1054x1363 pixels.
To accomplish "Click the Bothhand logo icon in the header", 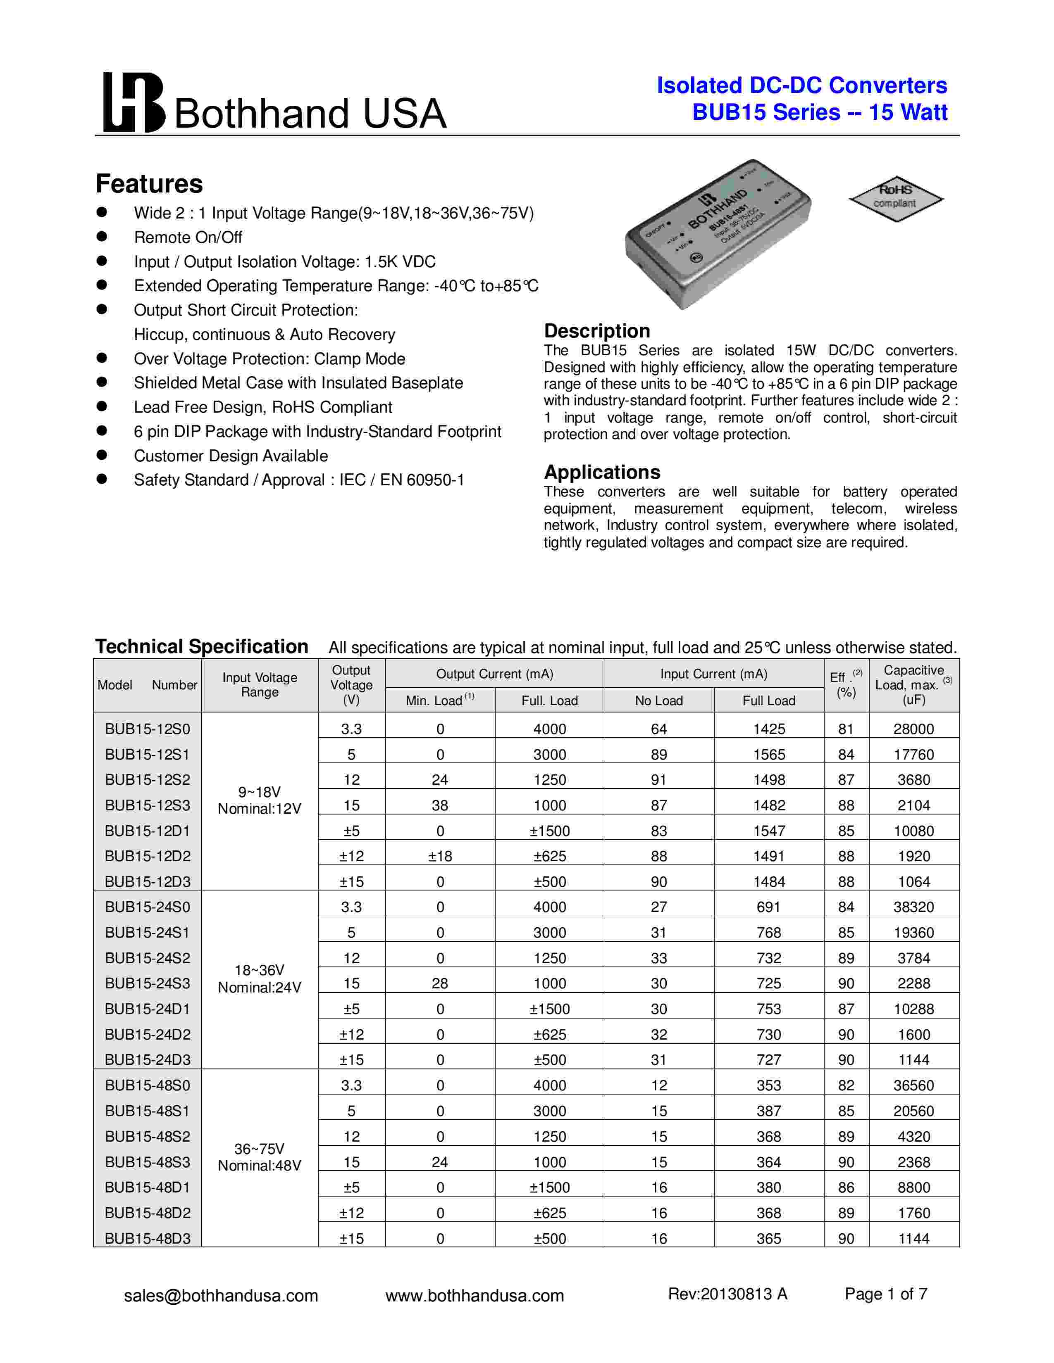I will click(134, 102).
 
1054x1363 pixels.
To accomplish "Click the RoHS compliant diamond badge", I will click(895, 198).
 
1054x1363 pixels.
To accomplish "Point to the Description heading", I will click(597, 331).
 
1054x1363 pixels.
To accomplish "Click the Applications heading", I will click(602, 472).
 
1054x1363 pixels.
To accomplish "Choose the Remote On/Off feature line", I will click(188, 238).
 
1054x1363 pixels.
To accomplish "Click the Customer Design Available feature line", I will click(230, 456).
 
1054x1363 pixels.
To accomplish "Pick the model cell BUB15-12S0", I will click(148, 729).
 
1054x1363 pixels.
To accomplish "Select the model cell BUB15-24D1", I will click(148, 1009).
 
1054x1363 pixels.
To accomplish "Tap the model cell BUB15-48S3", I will click(148, 1162).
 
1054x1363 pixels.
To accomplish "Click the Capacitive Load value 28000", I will click(913, 729).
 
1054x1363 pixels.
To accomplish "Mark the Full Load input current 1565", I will click(769, 755).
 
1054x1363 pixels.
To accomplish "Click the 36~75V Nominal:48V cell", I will click(259, 1157).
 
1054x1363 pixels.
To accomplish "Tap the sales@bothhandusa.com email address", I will click(221, 1296).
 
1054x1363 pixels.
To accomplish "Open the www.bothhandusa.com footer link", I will click(475, 1296).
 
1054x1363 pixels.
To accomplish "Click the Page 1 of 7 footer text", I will click(885, 1294).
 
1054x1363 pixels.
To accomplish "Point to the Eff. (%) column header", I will click(846, 685).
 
